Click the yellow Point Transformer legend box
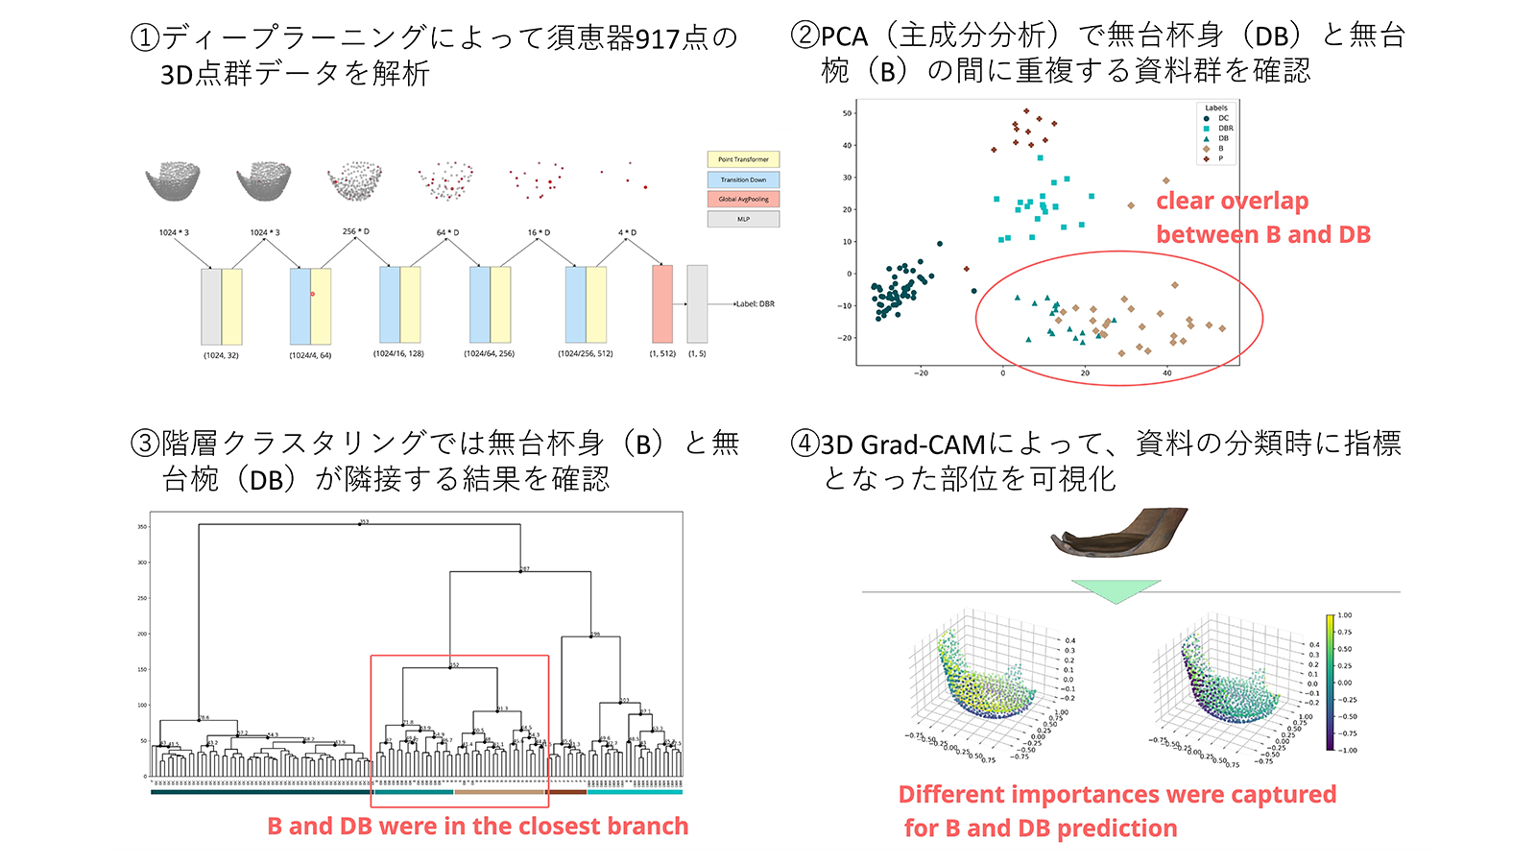(743, 159)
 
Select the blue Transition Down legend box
(743, 180)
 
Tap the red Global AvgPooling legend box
(743, 199)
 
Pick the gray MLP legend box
(743, 219)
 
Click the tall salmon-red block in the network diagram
(661, 304)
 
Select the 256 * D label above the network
(355, 231)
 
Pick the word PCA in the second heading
(844, 36)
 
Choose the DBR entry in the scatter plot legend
(1225, 129)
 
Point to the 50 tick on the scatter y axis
(847, 113)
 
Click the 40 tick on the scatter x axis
(1166, 372)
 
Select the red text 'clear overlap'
(1232, 202)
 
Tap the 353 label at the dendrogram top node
(364, 521)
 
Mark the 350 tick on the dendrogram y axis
(142, 527)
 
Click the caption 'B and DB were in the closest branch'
(477, 827)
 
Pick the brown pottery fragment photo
(1120, 533)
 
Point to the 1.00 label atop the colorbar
(1345, 615)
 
